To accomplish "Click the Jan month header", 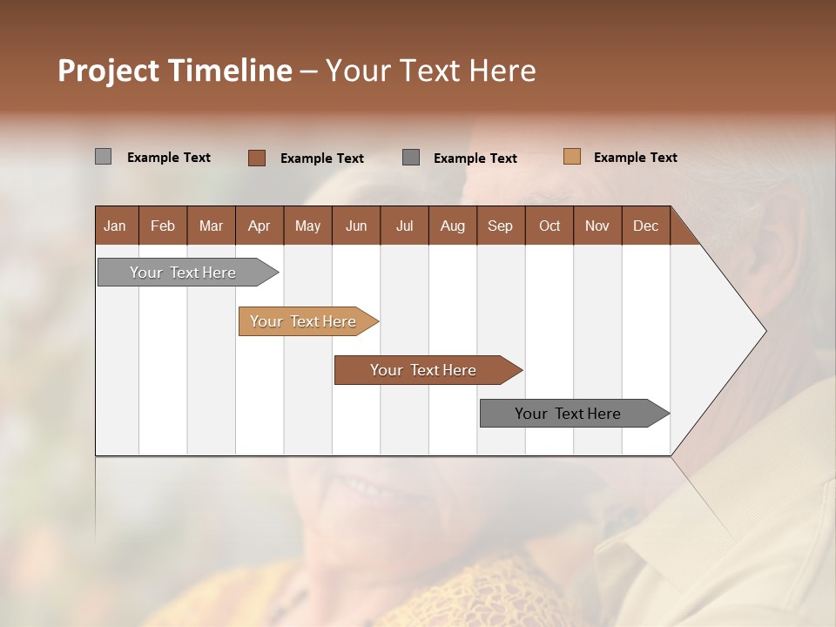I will click(115, 226).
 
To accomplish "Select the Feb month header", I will click(163, 226).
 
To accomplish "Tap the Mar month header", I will click(211, 226).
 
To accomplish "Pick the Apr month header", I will click(259, 226).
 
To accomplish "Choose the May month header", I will click(307, 226).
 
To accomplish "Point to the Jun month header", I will click(356, 226).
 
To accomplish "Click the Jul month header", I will click(404, 226).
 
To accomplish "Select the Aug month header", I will click(452, 226).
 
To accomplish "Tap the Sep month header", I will click(500, 226).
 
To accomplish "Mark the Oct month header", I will click(549, 226).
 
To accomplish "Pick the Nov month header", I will click(597, 226).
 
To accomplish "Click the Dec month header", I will click(645, 226).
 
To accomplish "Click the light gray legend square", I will click(103, 157).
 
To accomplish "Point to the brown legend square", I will click(256, 158).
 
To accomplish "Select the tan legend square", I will click(571, 157).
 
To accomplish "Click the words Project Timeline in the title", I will click(175, 71).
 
